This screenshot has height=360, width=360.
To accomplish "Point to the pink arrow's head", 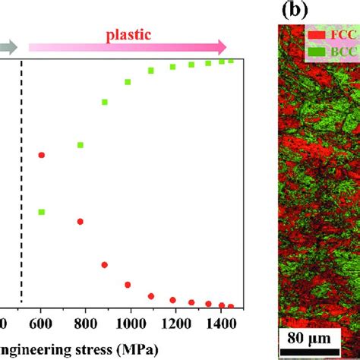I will click(x=221, y=46).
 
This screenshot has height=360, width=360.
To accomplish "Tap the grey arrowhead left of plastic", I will click(x=10, y=46).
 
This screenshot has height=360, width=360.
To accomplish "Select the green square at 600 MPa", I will click(x=42, y=211).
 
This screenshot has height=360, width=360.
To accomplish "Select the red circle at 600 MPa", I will click(x=42, y=155).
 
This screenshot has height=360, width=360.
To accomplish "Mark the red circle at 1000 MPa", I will click(x=128, y=285).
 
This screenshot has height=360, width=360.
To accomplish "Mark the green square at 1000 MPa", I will click(x=128, y=82).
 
